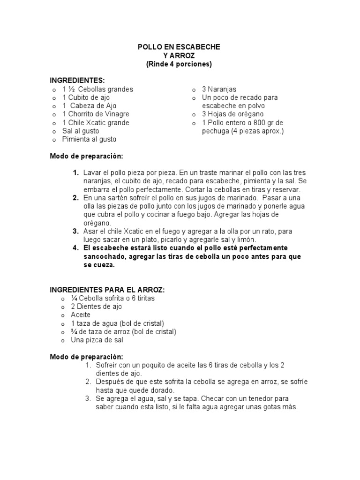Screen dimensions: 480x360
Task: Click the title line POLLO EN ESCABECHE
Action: pyautogui.click(x=179, y=47)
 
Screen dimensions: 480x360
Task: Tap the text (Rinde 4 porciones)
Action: pyautogui.click(x=179, y=64)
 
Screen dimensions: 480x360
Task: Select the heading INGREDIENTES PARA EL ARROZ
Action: pyautogui.click(x=108, y=290)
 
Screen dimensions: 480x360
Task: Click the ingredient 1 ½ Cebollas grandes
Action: pyautogui.click(x=97, y=89)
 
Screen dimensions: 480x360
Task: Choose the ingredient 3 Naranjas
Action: pyautogui.click(x=219, y=89)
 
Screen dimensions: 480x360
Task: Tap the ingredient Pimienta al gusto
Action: pyautogui.click(x=89, y=139)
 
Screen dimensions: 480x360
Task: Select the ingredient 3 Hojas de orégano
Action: pyautogui.click(x=232, y=114)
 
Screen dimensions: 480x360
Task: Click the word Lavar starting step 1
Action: pyautogui.click(x=92, y=173)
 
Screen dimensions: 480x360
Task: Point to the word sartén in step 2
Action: pyautogui.click(x=119, y=198)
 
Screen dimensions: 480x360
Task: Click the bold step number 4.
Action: pyautogui.click(x=75, y=247)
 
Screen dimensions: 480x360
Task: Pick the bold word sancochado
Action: pyautogui.click(x=102, y=256)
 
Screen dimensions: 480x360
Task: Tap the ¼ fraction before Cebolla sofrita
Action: pyautogui.click(x=74, y=298)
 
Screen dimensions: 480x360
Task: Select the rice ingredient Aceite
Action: pyautogui.click(x=81, y=315)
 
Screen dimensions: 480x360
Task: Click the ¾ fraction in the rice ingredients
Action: pyautogui.click(x=74, y=332)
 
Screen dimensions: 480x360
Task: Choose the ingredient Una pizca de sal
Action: pyautogui.click(x=97, y=340)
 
